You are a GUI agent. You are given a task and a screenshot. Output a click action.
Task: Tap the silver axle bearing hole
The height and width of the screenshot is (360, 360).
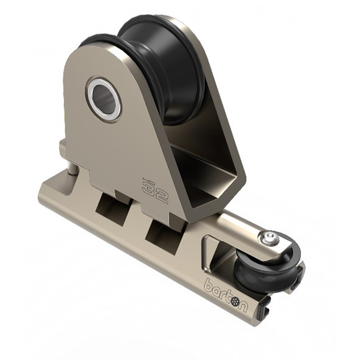104,98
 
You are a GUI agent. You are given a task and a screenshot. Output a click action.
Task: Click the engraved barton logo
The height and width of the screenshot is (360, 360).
226,293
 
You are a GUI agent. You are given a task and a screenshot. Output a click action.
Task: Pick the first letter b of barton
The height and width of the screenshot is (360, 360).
209,284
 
